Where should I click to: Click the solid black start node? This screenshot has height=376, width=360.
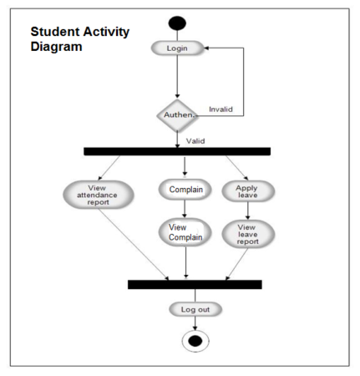click(178, 23)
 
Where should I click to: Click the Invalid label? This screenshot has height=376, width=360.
click(221, 108)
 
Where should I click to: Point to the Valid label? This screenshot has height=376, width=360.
click(197, 141)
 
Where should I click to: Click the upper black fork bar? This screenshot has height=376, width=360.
click(177, 151)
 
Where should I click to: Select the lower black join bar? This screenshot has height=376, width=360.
click(194, 284)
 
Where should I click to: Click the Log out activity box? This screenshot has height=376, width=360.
click(195, 309)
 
